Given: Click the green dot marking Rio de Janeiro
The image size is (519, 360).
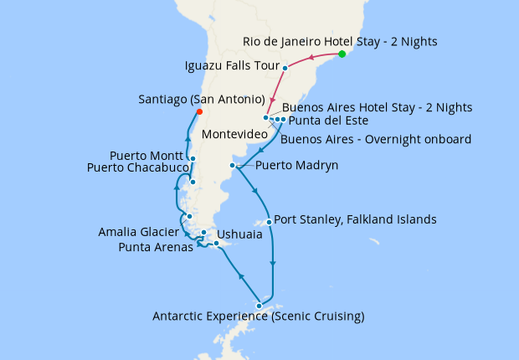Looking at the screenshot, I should point(342,54).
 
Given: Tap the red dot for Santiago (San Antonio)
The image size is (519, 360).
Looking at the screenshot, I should point(198,112).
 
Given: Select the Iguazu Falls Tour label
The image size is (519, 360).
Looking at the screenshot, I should point(231,64).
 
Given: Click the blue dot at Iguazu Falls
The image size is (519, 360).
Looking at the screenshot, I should point(285,68).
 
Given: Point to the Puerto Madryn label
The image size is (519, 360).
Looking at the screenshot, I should point(296,166).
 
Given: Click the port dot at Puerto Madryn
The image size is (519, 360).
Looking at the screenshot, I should point(232,166).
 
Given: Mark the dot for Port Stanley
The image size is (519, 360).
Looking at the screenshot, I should point(268,222).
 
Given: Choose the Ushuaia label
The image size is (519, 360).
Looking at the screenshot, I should point(239,235).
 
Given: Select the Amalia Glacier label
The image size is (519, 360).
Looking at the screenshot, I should point(136,231).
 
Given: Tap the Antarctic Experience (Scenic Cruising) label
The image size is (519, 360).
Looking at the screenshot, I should point(258,316).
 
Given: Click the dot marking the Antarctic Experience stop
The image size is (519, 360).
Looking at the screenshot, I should point(259,306).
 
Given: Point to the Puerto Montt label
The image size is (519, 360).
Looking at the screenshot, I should point(147,156).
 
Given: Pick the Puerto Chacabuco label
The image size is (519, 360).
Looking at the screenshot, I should point(136,168).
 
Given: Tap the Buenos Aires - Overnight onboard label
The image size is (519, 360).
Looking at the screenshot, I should point(376,139).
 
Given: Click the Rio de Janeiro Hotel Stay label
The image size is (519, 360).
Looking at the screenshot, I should point(340,41).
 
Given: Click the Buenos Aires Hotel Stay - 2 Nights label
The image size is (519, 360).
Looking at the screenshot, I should point(378,107).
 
